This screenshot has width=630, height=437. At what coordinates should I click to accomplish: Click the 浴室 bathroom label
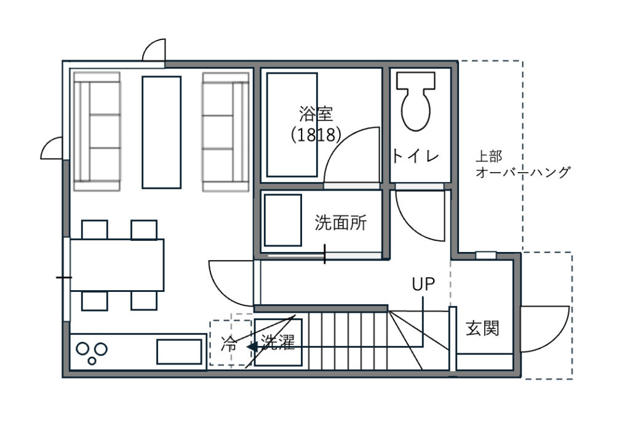tap(316, 114)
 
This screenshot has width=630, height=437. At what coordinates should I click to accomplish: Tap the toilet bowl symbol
tap(416, 101)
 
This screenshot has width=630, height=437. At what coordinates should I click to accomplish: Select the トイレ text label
tap(415, 156)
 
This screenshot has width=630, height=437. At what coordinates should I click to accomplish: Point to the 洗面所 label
tap(341, 222)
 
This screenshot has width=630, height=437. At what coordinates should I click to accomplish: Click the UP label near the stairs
tap(423, 284)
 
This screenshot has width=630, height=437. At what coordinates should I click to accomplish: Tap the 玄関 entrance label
tap(482, 328)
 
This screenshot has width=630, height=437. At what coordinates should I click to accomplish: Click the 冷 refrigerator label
tap(229, 344)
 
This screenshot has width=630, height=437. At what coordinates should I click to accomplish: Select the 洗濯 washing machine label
tap(277, 342)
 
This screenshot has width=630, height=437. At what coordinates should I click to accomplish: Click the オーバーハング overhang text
tap(523, 172)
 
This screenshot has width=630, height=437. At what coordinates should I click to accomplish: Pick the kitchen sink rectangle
tap(179, 352)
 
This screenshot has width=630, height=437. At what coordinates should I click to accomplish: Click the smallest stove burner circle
tap(92, 361)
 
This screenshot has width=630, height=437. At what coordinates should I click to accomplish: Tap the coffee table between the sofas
tap(162, 132)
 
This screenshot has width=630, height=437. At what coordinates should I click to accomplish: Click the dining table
tap(117, 265)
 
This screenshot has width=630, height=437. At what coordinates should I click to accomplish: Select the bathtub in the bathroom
tap(292, 125)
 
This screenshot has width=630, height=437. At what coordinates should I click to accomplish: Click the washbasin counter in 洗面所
tap(283, 220)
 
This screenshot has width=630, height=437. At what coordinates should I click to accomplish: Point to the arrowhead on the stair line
tap(252, 347)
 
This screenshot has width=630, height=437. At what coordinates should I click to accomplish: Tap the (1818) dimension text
tap(316, 135)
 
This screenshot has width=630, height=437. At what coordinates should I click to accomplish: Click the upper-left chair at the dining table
tap(94, 229)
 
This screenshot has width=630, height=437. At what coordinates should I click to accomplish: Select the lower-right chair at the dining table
tap(144, 301)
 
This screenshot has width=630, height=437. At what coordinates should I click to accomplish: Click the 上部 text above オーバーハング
tap(488, 156)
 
